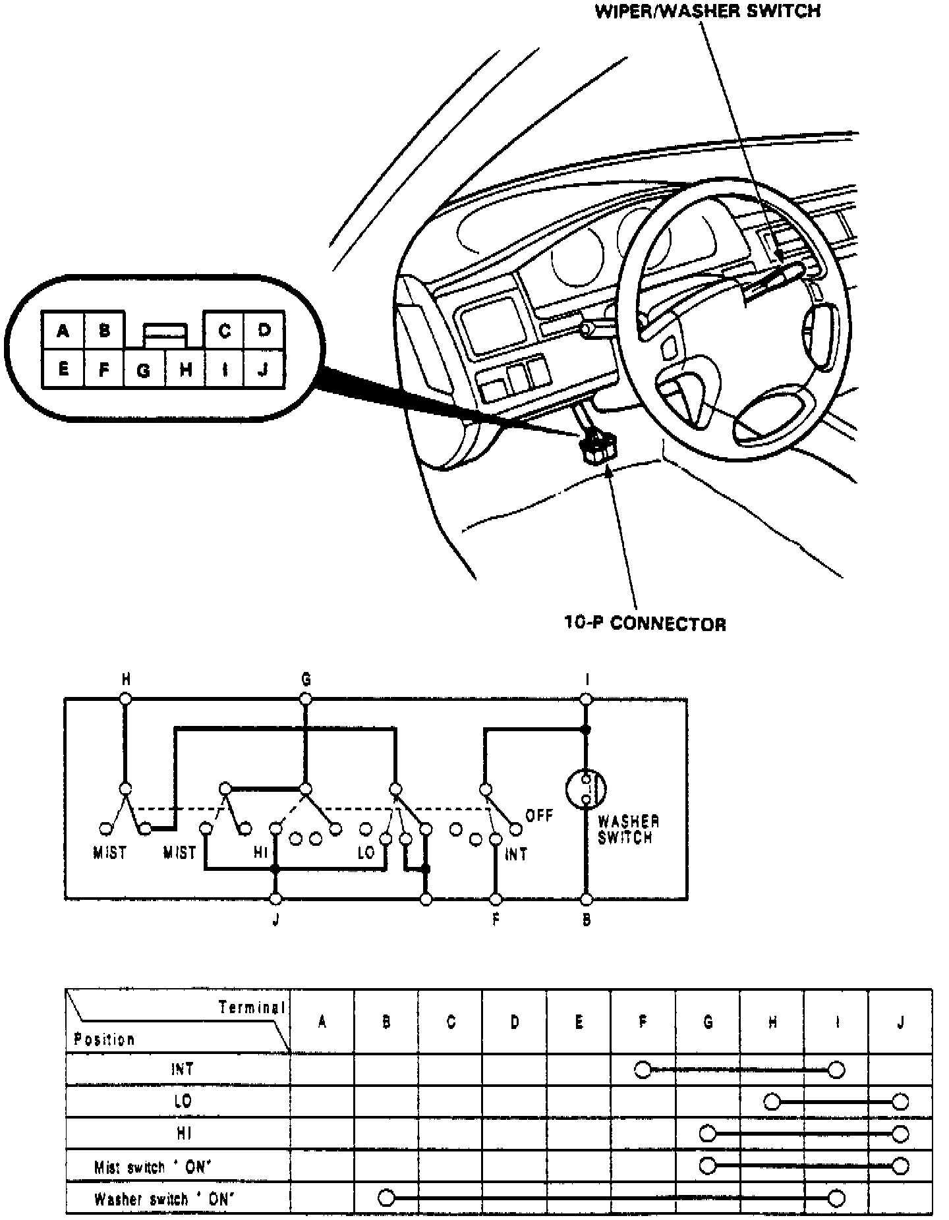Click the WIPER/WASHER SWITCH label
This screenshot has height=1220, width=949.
click(707, 11)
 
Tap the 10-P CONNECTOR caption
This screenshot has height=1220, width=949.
click(645, 623)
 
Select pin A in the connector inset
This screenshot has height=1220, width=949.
click(63, 331)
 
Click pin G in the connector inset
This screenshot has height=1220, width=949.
click(144, 370)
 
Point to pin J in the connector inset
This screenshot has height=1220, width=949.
click(264, 370)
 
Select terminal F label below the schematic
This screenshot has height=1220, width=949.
click(496, 920)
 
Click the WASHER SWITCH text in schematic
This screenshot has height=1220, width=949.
click(628, 830)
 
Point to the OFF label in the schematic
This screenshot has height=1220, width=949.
click(538, 816)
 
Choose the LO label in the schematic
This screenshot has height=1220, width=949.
click(366, 852)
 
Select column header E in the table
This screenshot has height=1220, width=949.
click(579, 1022)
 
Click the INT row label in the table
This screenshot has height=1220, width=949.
click(182, 1068)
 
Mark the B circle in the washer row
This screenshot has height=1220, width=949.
click(387, 1198)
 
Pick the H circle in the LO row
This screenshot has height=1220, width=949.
click(772, 1101)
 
